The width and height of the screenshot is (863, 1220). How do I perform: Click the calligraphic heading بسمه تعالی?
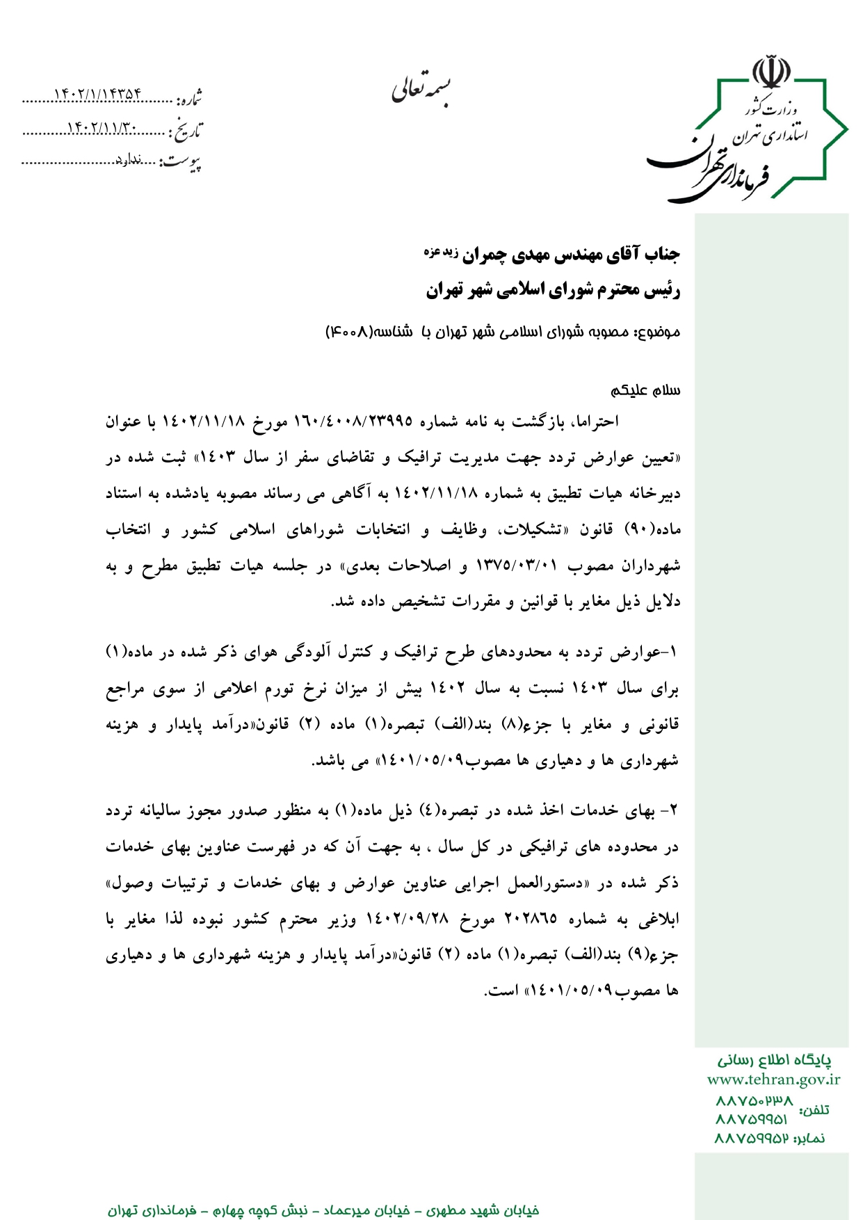click(x=420, y=88)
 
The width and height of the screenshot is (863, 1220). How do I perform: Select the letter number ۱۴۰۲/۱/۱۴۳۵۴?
click(x=97, y=95)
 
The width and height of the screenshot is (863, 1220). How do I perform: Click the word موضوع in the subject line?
click(x=660, y=332)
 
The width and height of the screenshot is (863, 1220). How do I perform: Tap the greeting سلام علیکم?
click(x=645, y=390)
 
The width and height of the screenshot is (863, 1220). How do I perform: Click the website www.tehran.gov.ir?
click(x=773, y=1079)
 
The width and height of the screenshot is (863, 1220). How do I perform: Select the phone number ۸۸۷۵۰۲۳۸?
click(x=754, y=1101)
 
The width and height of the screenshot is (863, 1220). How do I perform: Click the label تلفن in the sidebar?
click(x=814, y=1110)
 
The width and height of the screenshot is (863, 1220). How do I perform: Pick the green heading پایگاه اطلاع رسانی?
click(x=775, y=1060)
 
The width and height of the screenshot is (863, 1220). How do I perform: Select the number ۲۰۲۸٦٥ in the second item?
click(x=531, y=919)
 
